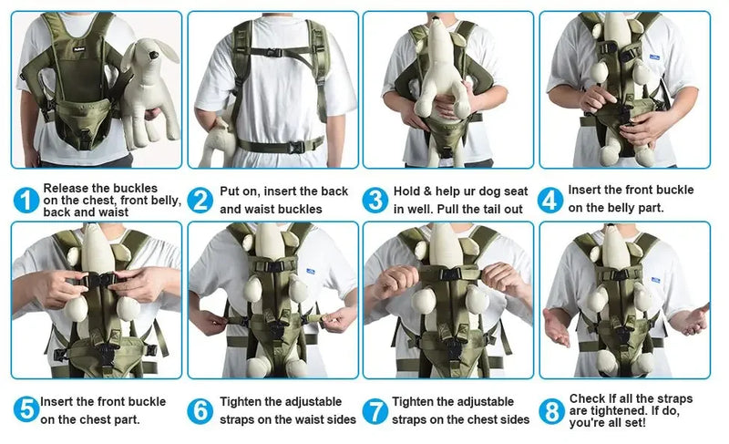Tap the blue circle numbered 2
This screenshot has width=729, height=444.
(200, 201)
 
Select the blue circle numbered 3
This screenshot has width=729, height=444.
(375, 201)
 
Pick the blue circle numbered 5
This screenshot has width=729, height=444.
(27, 410)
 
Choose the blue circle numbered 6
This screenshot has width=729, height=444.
(200, 410)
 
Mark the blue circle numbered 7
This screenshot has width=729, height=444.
(375, 410)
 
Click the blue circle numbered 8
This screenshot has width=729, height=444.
(549, 411)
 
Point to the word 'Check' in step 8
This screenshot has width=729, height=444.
(589, 398)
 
